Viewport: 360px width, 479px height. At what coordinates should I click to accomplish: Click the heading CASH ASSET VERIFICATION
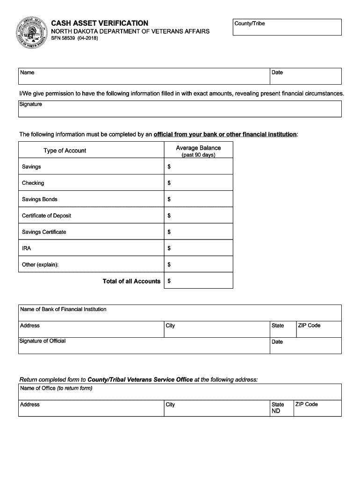(x=100, y=23)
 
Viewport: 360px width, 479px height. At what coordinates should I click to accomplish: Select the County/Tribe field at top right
(x=287, y=28)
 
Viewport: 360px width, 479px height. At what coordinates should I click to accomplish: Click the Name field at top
(x=144, y=76)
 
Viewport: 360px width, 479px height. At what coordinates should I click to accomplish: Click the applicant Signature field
(x=180, y=109)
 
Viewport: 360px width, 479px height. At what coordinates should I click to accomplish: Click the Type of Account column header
(x=65, y=151)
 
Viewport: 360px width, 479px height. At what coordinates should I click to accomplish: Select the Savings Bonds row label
(x=40, y=199)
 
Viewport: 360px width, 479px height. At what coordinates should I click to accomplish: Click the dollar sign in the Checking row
(x=169, y=183)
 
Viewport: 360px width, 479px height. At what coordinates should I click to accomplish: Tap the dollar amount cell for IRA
(x=199, y=248)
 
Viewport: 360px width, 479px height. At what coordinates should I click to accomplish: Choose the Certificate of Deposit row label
(x=47, y=216)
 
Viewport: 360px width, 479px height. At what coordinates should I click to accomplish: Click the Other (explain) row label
(x=40, y=265)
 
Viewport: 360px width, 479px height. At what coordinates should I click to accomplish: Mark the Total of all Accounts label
(x=131, y=281)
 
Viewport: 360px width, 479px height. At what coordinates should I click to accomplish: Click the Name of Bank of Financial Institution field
(x=180, y=313)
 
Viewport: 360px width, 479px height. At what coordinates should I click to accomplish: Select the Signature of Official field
(x=144, y=346)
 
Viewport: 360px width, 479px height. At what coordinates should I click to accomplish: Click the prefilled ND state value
(x=276, y=411)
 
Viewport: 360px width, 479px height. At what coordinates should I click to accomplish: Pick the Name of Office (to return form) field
(x=180, y=392)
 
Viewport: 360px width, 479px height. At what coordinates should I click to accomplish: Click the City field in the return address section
(x=216, y=408)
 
